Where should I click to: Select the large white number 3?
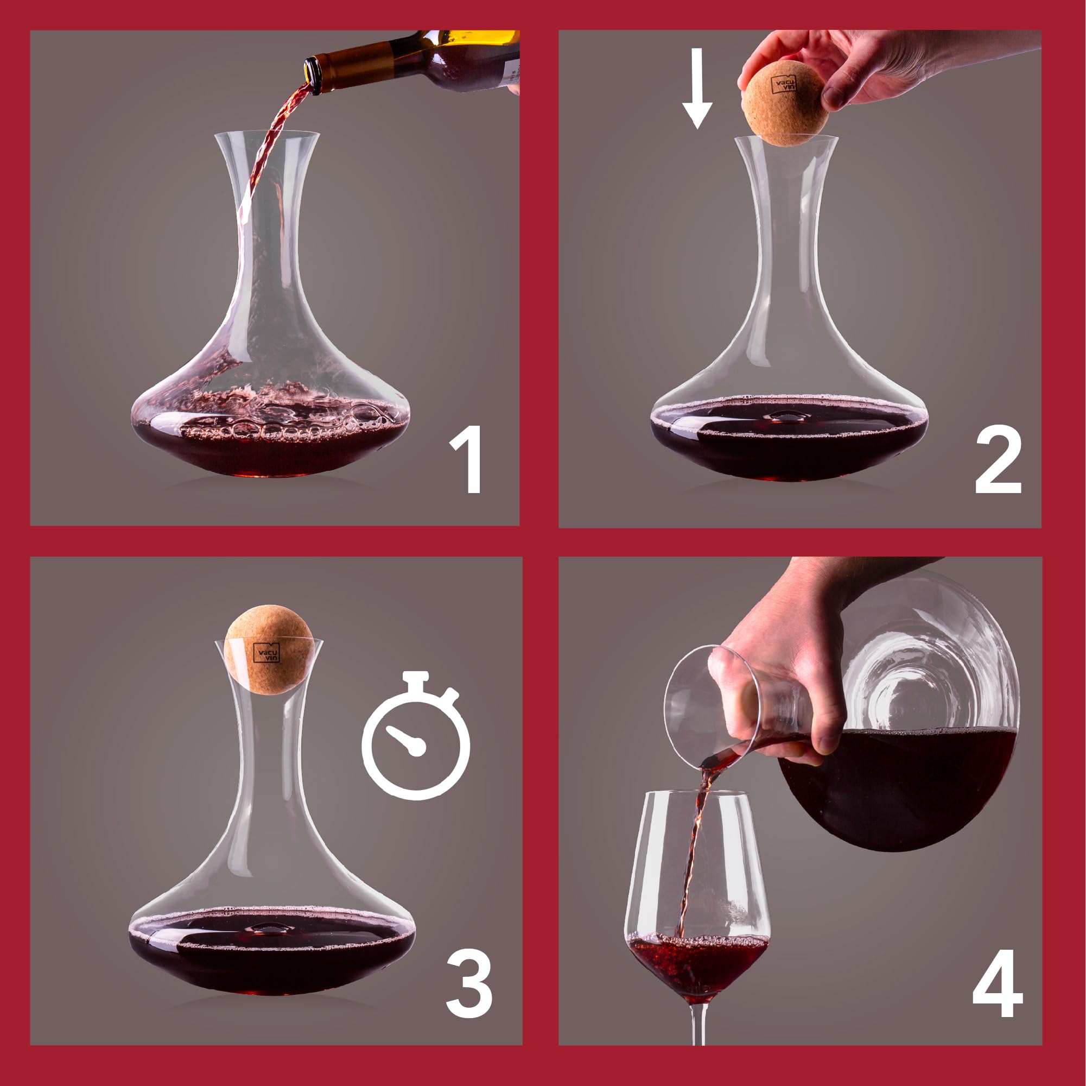pos(469,983)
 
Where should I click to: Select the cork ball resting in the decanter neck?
pos(268,649)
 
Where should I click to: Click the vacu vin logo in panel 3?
pos(266,652)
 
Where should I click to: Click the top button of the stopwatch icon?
pos(416,677)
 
